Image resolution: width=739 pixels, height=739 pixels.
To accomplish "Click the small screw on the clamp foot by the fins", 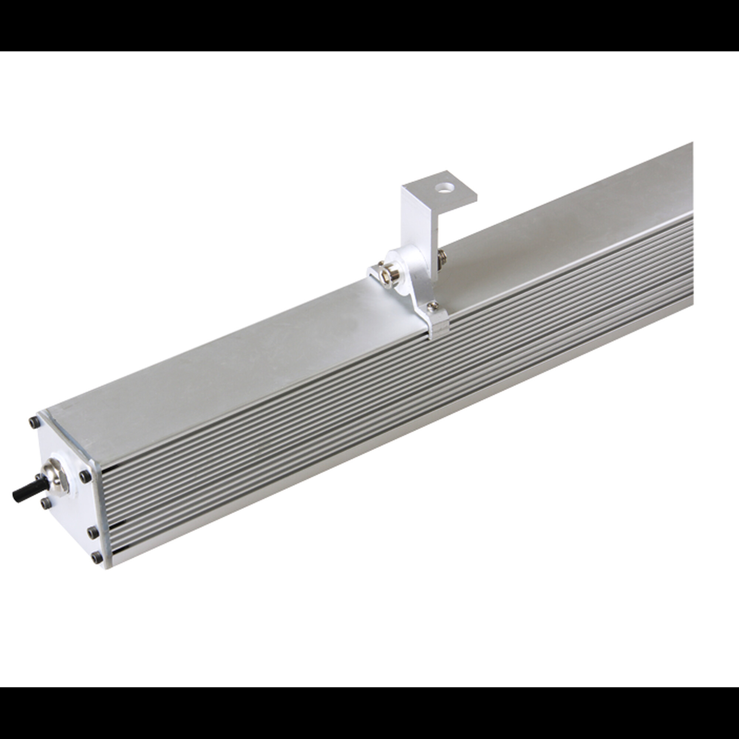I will [433, 306].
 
